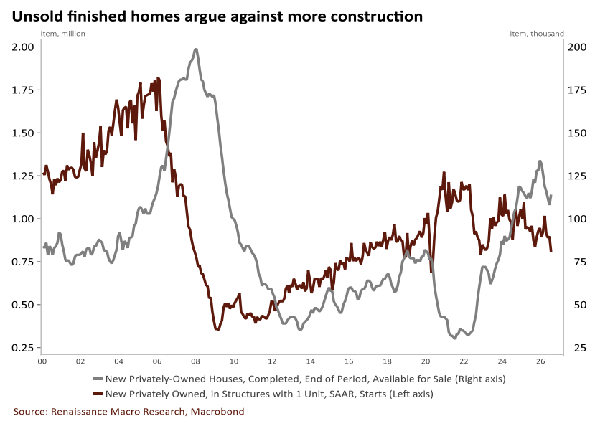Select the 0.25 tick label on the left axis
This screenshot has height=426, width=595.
(x=22, y=348)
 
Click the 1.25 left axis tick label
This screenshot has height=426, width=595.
(x=22, y=176)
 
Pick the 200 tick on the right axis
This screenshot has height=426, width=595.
(x=577, y=47)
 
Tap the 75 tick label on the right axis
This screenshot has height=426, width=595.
(x=580, y=262)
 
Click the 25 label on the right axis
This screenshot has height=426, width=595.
(x=580, y=348)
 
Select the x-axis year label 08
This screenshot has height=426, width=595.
(x=195, y=361)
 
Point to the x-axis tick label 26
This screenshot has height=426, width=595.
(x=540, y=361)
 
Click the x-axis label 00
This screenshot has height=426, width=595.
(x=42, y=361)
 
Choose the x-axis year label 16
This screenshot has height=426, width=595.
(x=349, y=361)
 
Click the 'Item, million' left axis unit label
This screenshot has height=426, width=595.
(x=63, y=34)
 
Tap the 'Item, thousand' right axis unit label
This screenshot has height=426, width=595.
(x=537, y=34)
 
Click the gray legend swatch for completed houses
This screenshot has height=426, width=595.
(x=98, y=379)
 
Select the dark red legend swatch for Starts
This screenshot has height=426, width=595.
(x=98, y=394)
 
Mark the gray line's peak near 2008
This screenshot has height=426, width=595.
(x=196, y=49)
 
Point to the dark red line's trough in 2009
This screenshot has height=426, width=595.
(x=217, y=329)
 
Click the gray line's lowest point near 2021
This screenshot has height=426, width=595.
(x=455, y=338)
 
